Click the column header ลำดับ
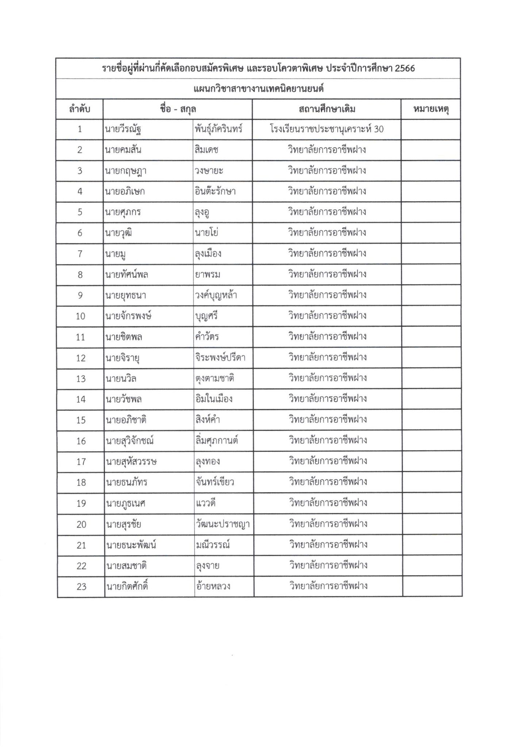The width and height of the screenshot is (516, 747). (80, 109)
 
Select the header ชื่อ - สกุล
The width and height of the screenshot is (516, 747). (178, 109)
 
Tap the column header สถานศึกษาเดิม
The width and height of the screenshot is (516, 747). (327, 109)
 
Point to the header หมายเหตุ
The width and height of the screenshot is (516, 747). (431, 109)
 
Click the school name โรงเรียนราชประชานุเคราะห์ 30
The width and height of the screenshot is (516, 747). (327, 129)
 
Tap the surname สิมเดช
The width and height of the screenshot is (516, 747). (207, 150)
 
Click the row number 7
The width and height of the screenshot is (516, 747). (80, 253)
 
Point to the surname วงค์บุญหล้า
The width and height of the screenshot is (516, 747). (216, 295)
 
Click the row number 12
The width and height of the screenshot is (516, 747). (81, 357)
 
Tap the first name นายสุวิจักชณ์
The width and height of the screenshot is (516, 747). (130, 441)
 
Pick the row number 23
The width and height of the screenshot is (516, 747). (81, 587)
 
